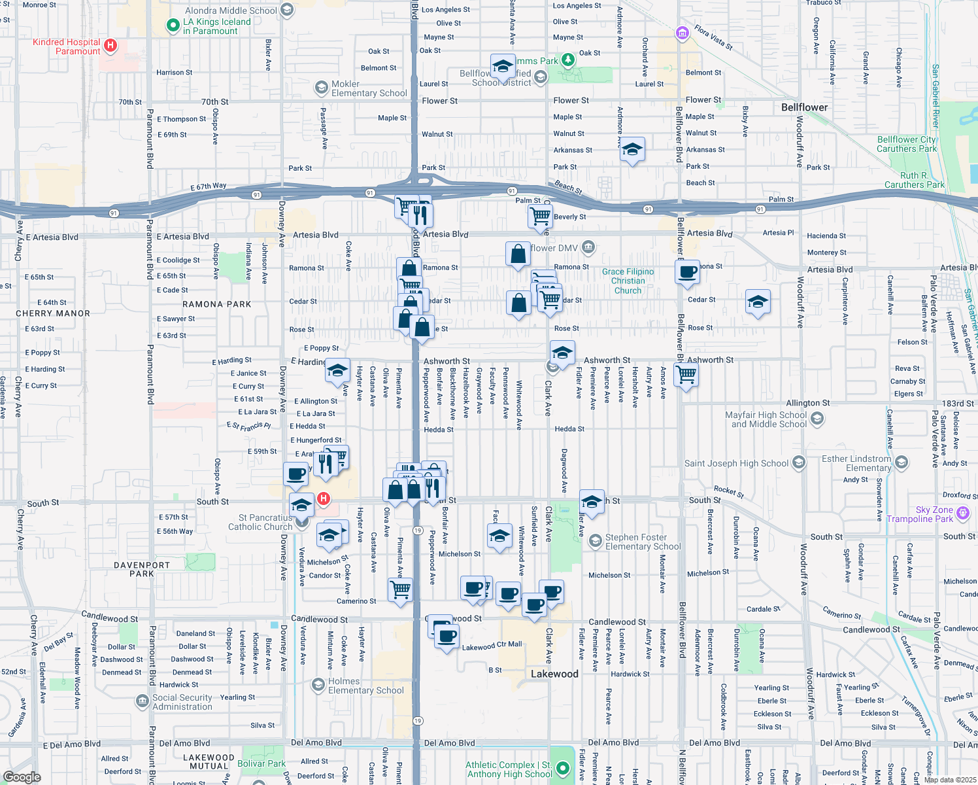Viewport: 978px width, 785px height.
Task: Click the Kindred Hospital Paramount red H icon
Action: pos(110,45)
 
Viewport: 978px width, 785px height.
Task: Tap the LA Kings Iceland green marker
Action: pos(173,26)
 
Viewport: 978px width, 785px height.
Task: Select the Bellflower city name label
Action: pos(804,107)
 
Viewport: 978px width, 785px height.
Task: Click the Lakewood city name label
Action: pos(554,674)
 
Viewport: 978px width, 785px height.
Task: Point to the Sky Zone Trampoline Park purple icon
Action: pos(962,514)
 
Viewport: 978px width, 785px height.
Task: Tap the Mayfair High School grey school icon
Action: pos(817,419)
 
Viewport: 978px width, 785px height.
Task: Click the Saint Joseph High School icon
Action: pos(798,463)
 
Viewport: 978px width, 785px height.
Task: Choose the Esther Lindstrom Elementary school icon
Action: pos(902,463)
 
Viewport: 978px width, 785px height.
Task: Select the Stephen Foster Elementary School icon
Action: pos(595,541)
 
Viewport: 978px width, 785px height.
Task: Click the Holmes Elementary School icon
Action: pos(318,685)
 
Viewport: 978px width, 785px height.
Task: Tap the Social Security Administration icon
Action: pos(142,701)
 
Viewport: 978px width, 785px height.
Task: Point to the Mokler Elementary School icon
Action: pos(321,88)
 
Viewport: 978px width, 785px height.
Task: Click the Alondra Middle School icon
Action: pos(286,10)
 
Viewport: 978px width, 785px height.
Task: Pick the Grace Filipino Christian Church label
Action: pos(628,281)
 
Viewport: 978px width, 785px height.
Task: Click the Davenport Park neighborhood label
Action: pos(142,569)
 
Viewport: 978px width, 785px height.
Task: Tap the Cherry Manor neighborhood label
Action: pos(53,313)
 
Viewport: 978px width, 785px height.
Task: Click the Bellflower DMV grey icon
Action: pos(588,247)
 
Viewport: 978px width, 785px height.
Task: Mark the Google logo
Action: pos(22,776)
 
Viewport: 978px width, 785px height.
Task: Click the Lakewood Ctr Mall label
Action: pos(492,646)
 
